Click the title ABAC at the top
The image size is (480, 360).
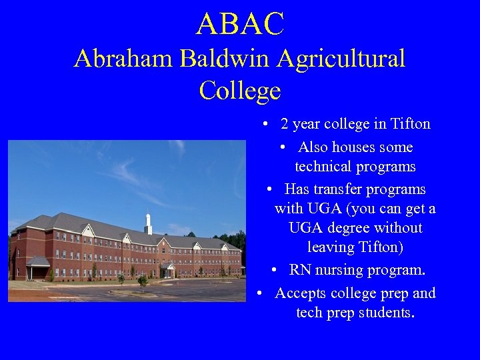240,25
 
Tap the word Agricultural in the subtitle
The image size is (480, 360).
341,59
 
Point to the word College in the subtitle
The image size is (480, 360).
240,91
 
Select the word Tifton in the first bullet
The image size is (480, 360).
410,124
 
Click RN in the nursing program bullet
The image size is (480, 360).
299,270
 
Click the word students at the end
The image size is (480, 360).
387,313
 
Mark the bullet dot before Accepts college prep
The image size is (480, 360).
261,293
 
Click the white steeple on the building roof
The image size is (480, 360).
148,222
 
